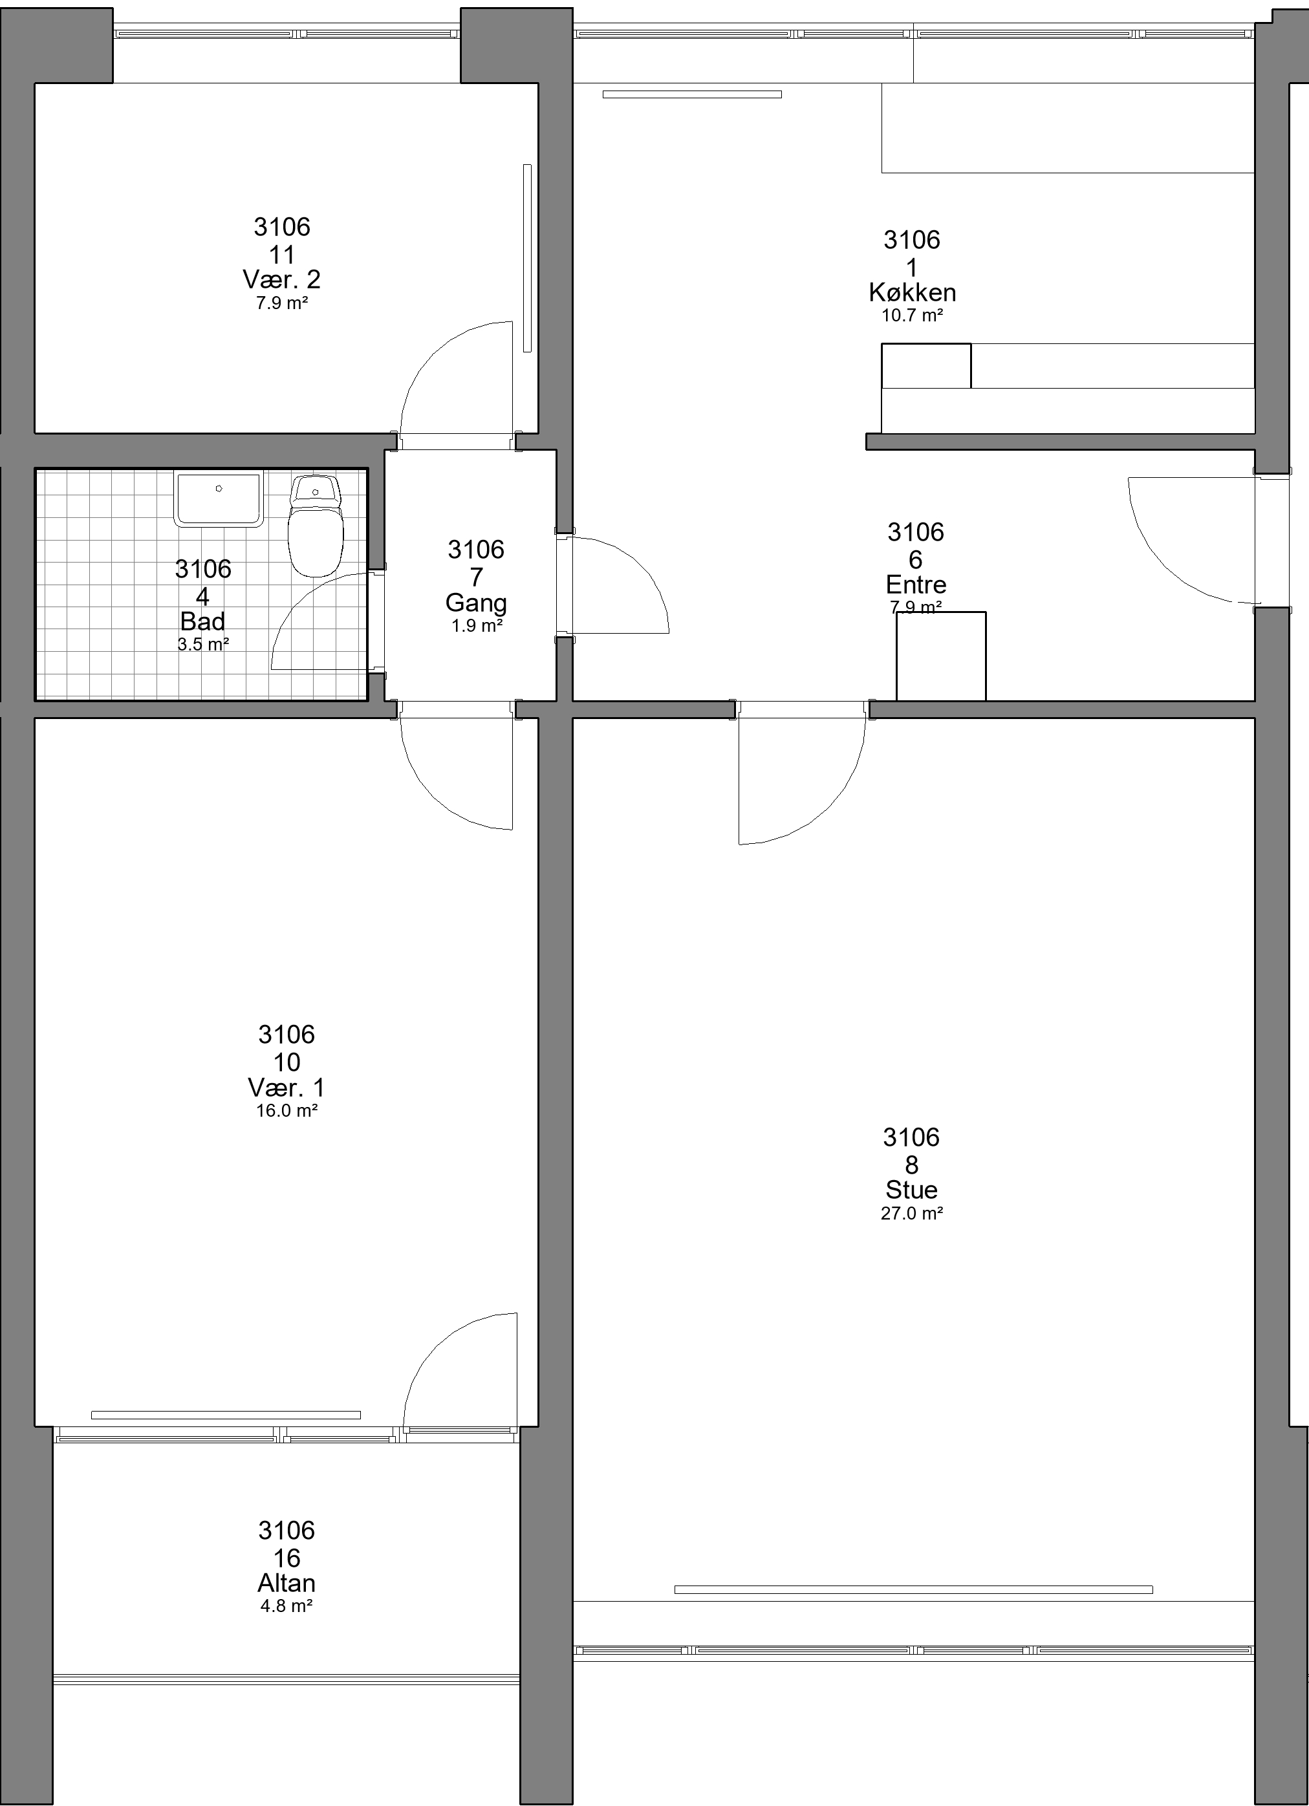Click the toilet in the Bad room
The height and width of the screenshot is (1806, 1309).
pos(316,525)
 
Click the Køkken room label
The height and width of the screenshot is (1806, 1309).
pos(913,292)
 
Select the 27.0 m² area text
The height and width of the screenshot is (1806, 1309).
pos(912,1214)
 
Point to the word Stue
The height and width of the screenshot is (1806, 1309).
pos(912,1190)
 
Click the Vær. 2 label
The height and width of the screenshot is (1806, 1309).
pos(282,279)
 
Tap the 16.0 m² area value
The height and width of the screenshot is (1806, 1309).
pos(287,1111)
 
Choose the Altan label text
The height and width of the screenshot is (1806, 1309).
pos(287,1583)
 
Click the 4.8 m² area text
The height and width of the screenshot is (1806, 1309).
pos(287,1606)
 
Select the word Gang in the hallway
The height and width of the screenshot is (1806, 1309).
pos(476,603)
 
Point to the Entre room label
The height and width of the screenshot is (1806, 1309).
pos(916,585)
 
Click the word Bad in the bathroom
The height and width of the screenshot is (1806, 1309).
pos(203,621)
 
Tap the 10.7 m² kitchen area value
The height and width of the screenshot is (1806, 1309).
pos(913,316)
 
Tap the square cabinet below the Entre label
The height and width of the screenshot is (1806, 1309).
pos(941,656)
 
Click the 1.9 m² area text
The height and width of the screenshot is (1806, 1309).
pos(476,626)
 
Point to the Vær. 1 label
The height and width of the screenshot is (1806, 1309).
pos(287,1088)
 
